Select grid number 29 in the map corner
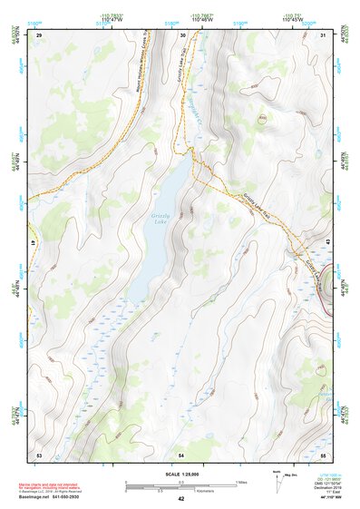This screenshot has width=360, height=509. point(39,34)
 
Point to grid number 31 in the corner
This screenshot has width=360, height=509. point(324,34)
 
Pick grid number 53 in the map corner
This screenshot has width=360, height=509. point(39,453)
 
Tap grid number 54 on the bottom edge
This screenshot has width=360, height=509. point(181,453)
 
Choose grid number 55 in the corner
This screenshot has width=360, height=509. point(323,453)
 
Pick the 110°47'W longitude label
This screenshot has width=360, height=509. point(112,19)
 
